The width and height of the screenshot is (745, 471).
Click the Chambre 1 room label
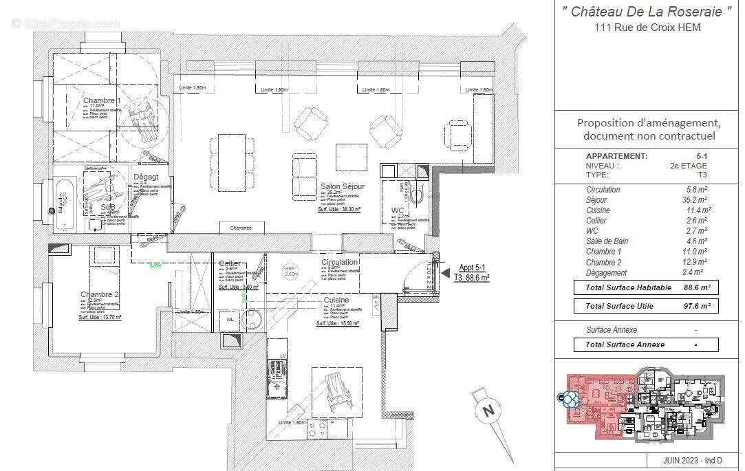point(102,101)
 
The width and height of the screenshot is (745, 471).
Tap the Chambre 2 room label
point(99,294)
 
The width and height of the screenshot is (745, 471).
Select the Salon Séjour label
point(342,186)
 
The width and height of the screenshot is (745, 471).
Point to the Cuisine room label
point(336,300)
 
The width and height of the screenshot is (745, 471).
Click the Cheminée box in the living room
point(241,228)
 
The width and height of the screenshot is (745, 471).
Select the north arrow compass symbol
point(489,411)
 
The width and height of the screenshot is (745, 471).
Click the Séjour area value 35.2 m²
point(698,200)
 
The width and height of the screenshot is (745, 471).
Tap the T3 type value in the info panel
point(701,175)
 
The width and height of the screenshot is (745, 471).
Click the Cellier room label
point(229,264)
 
